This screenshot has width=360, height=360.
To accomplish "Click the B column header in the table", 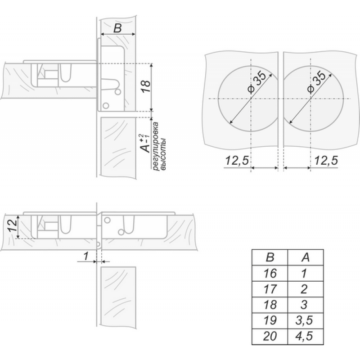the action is (270, 257).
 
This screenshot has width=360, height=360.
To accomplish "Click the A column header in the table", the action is (306, 257).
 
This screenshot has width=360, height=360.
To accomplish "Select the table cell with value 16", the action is (270, 274).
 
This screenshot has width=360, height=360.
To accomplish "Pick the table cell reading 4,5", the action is (306, 337).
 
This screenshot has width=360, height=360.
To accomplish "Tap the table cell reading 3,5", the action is (306, 321).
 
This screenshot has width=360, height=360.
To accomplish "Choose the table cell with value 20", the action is (270, 337).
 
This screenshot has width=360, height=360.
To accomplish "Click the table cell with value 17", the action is (270, 289).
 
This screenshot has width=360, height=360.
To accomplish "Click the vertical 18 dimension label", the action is (146, 86).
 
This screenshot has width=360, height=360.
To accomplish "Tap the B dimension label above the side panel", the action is (117, 28).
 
